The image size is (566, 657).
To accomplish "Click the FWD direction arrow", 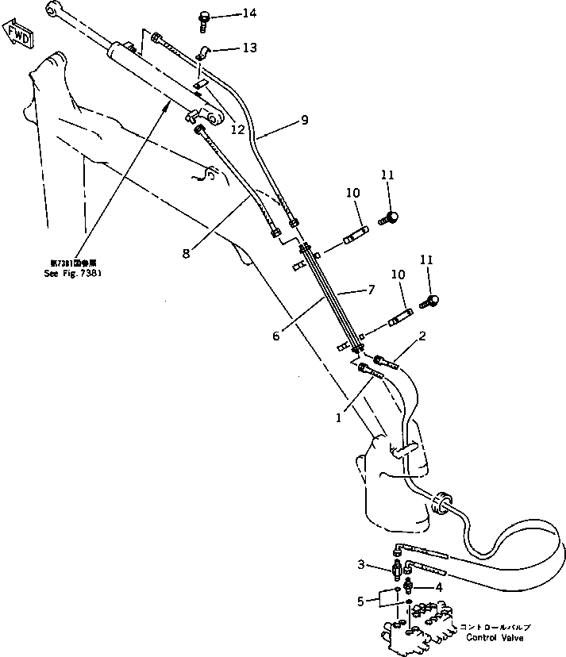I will [x=18, y=36].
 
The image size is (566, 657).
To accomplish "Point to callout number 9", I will [x=304, y=121].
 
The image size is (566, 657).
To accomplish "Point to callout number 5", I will [x=361, y=601].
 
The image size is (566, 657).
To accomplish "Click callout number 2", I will [x=422, y=336].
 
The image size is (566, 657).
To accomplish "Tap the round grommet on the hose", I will [x=442, y=500].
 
